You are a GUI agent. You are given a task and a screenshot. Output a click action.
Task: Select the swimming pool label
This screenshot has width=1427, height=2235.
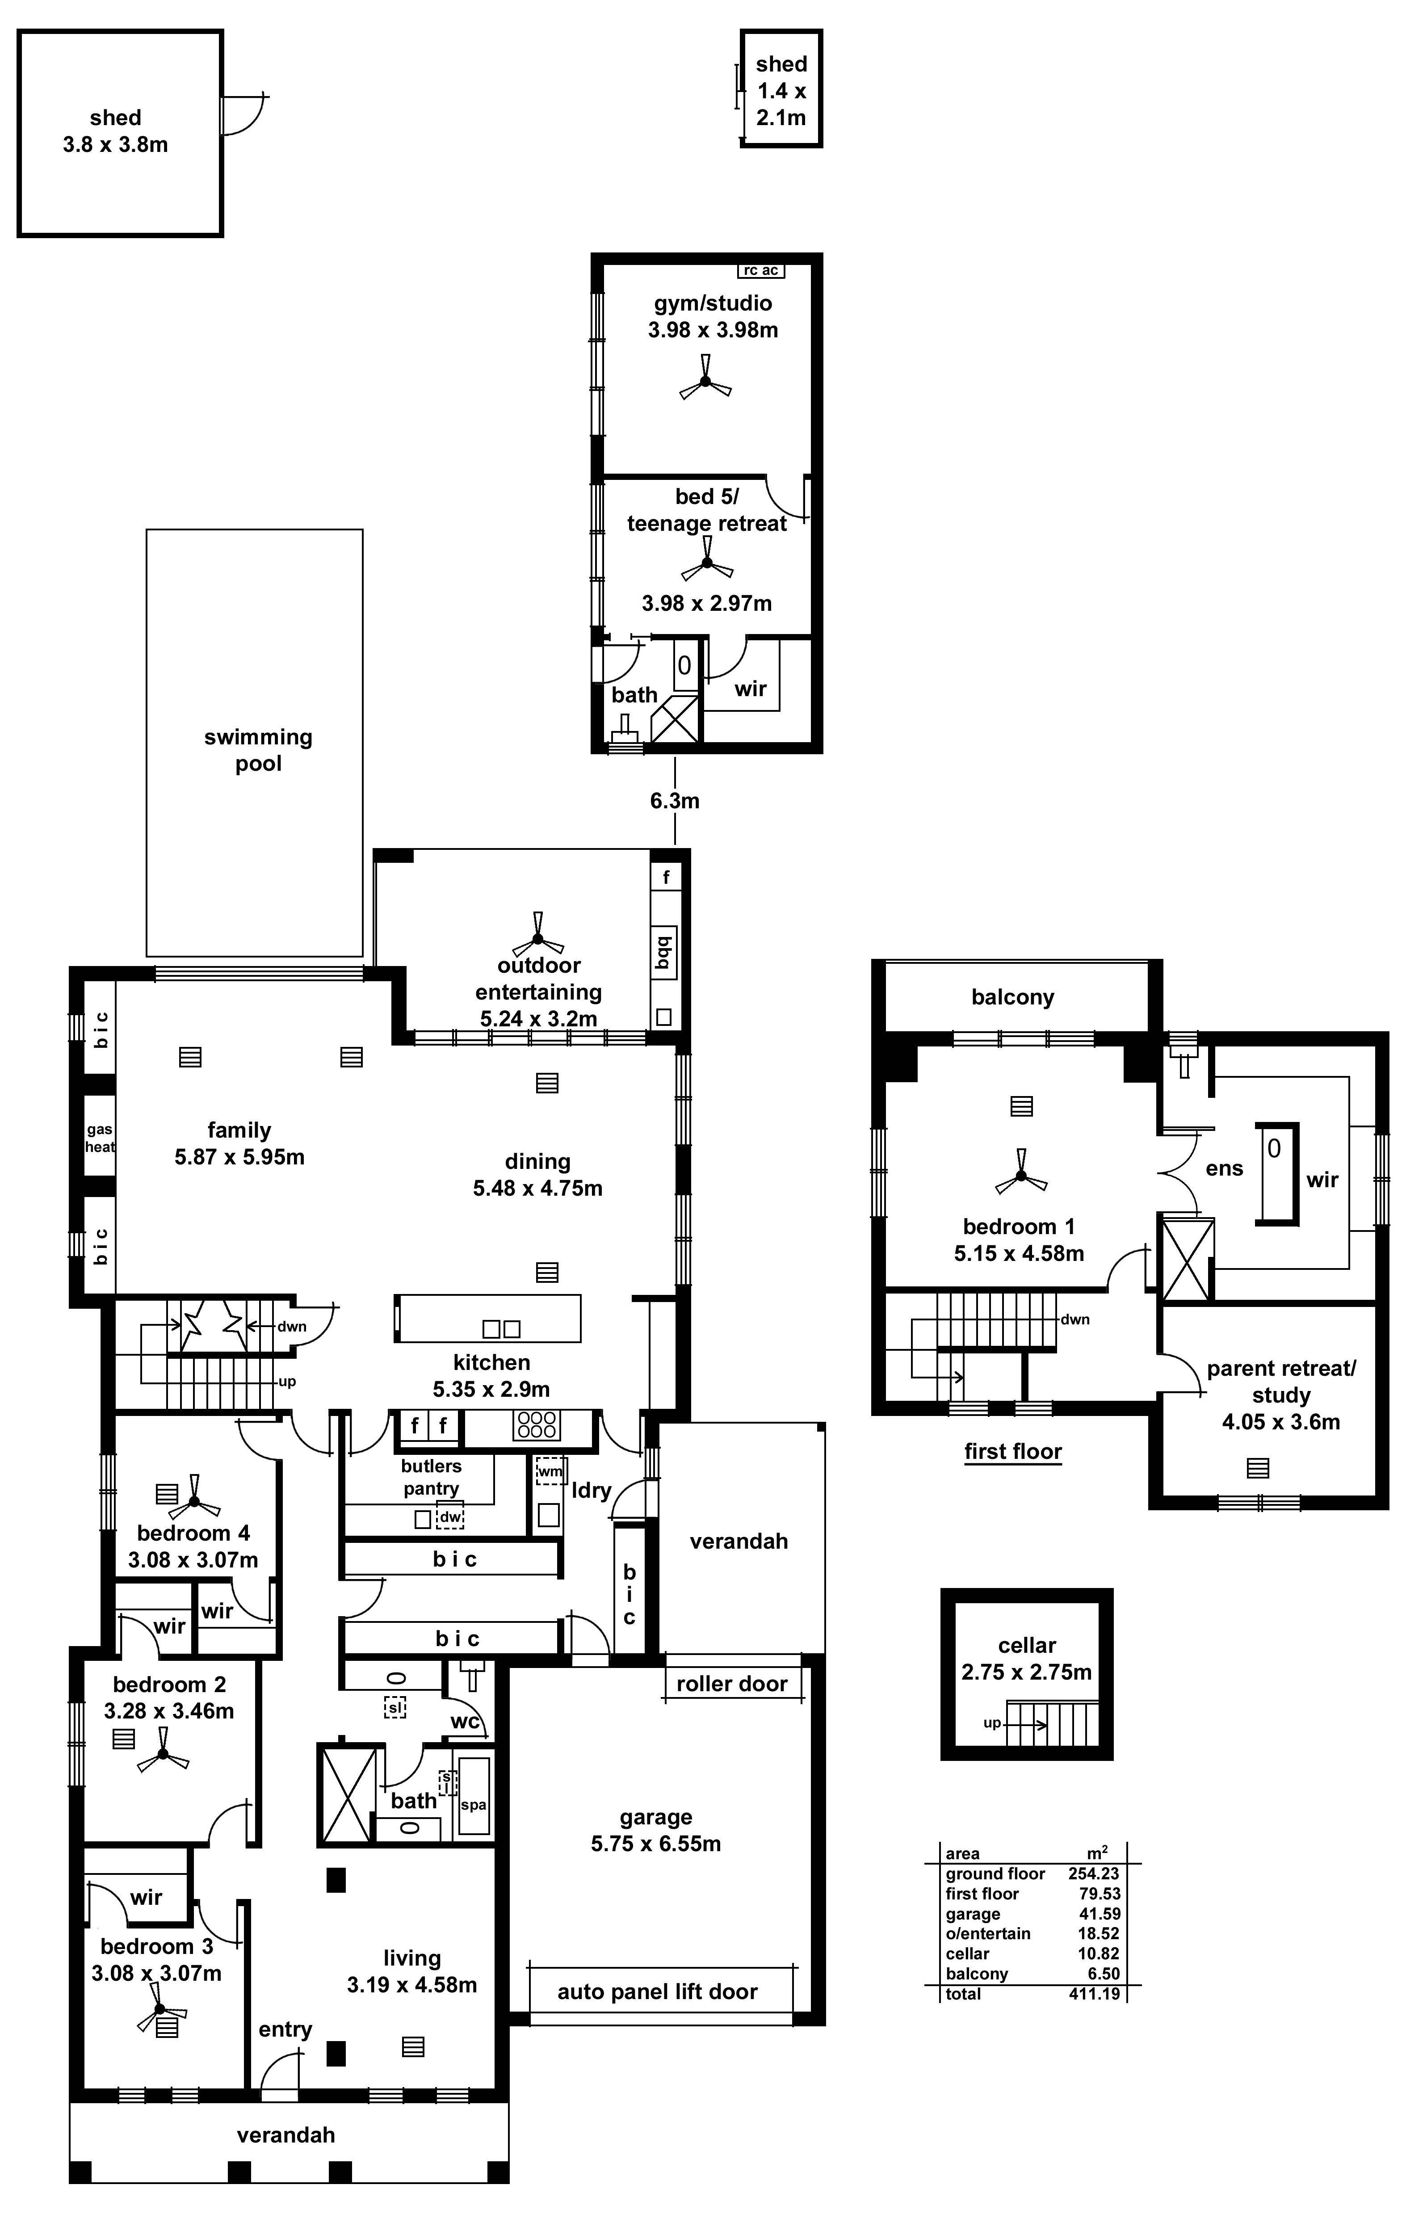pyautogui.click(x=258, y=750)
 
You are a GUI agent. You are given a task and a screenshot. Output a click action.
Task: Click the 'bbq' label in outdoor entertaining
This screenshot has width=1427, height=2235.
pyautogui.click(x=663, y=951)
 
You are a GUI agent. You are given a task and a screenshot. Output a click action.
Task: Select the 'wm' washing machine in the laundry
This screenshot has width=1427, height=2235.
pyautogui.click(x=550, y=1471)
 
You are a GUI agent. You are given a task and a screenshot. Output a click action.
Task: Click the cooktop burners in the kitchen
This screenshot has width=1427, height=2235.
pyautogui.click(x=536, y=1425)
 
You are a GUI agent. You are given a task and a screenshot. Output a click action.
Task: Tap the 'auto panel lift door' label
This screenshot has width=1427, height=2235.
pyautogui.click(x=657, y=1992)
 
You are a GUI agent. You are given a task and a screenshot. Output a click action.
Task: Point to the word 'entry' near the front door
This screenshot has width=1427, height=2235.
pyautogui.click(x=285, y=2029)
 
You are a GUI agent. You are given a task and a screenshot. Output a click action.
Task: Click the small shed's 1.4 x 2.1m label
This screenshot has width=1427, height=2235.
pyautogui.click(x=781, y=104)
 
